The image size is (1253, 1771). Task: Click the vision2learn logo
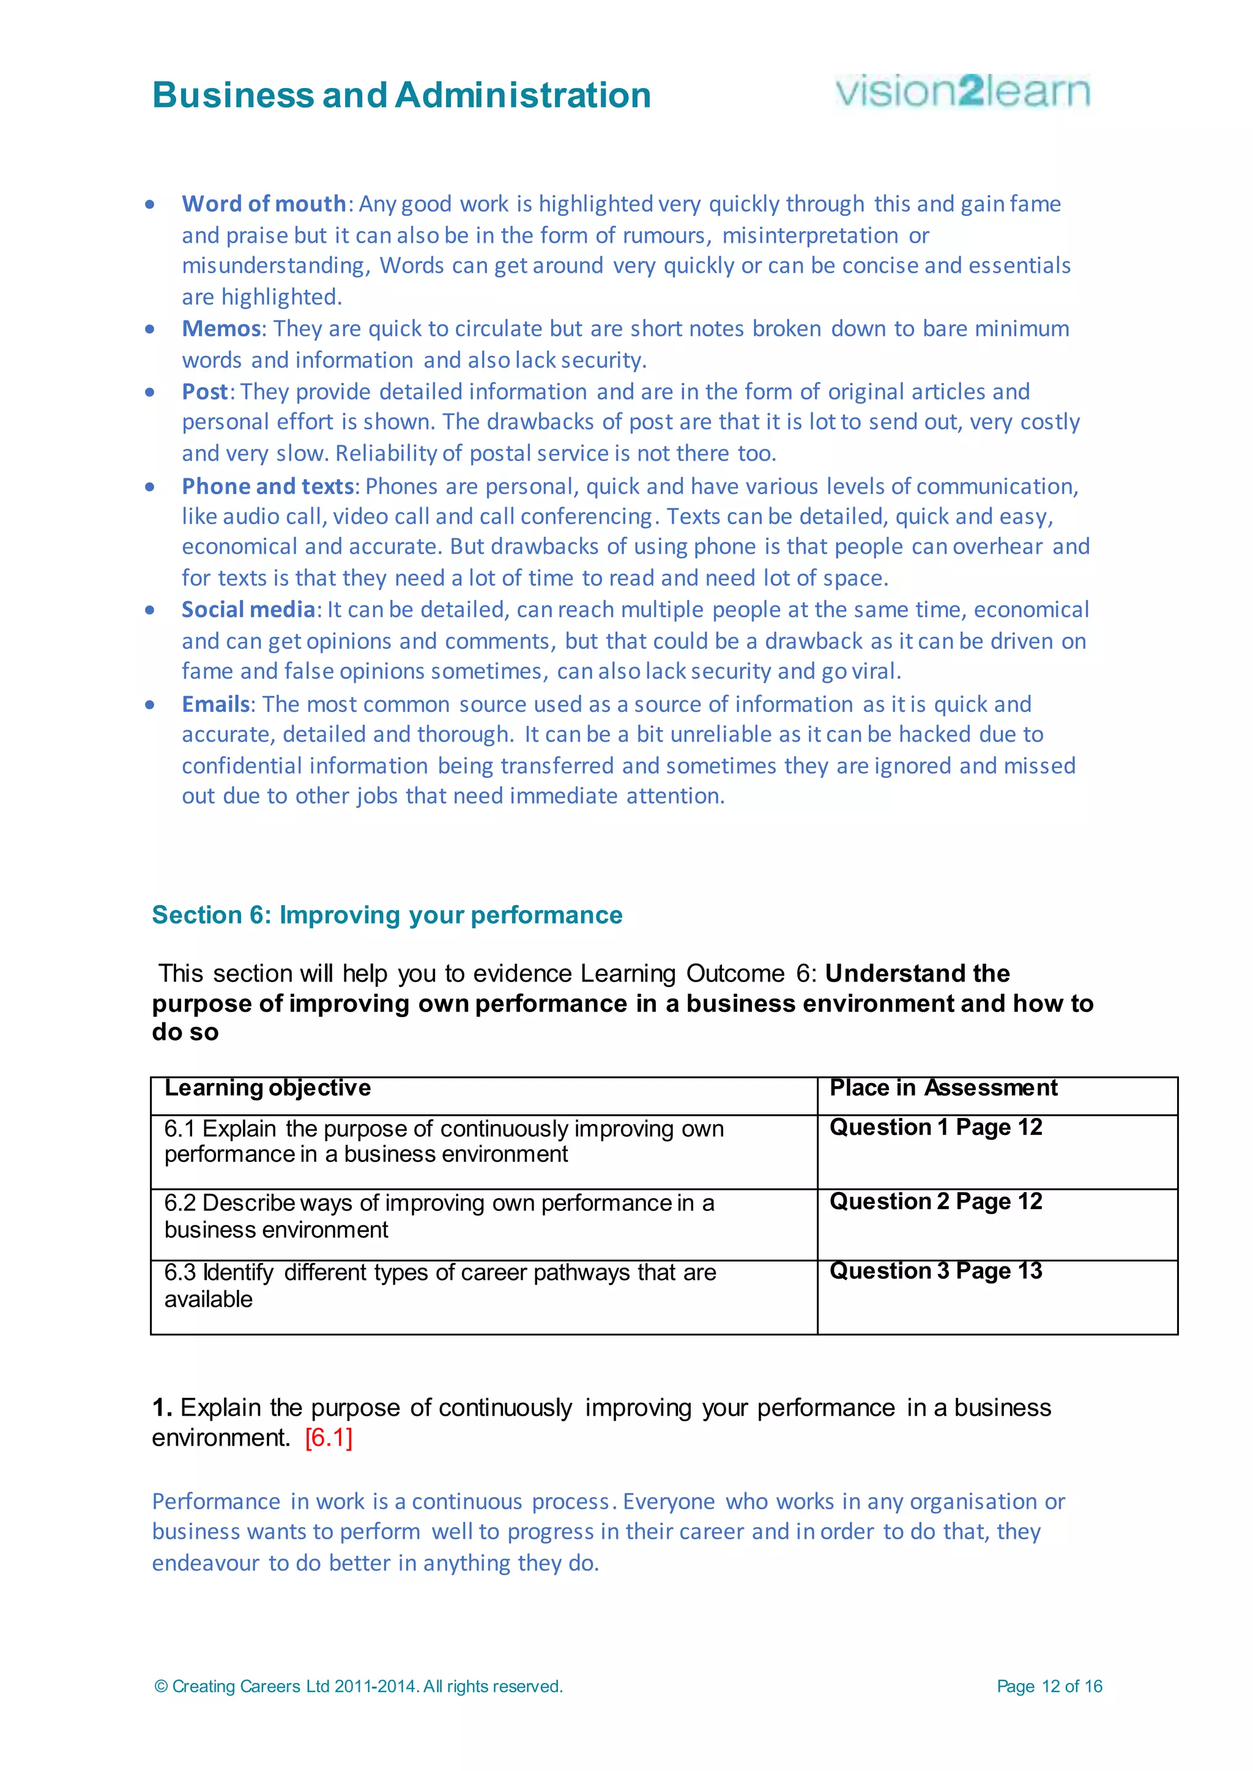[x=962, y=92]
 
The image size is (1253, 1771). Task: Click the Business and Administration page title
[x=401, y=95]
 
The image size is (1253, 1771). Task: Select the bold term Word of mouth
[x=264, y=204]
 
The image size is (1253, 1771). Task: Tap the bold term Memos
[x=221, y=328]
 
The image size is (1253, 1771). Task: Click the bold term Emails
[x=216, y=704]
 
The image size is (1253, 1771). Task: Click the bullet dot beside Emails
[x=150, y=705]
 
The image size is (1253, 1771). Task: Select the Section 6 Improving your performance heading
[x=387, y=915]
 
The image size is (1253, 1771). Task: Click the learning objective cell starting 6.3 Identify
[x=440, y=1286]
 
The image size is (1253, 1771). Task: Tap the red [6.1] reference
[x=329, y=1438]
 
